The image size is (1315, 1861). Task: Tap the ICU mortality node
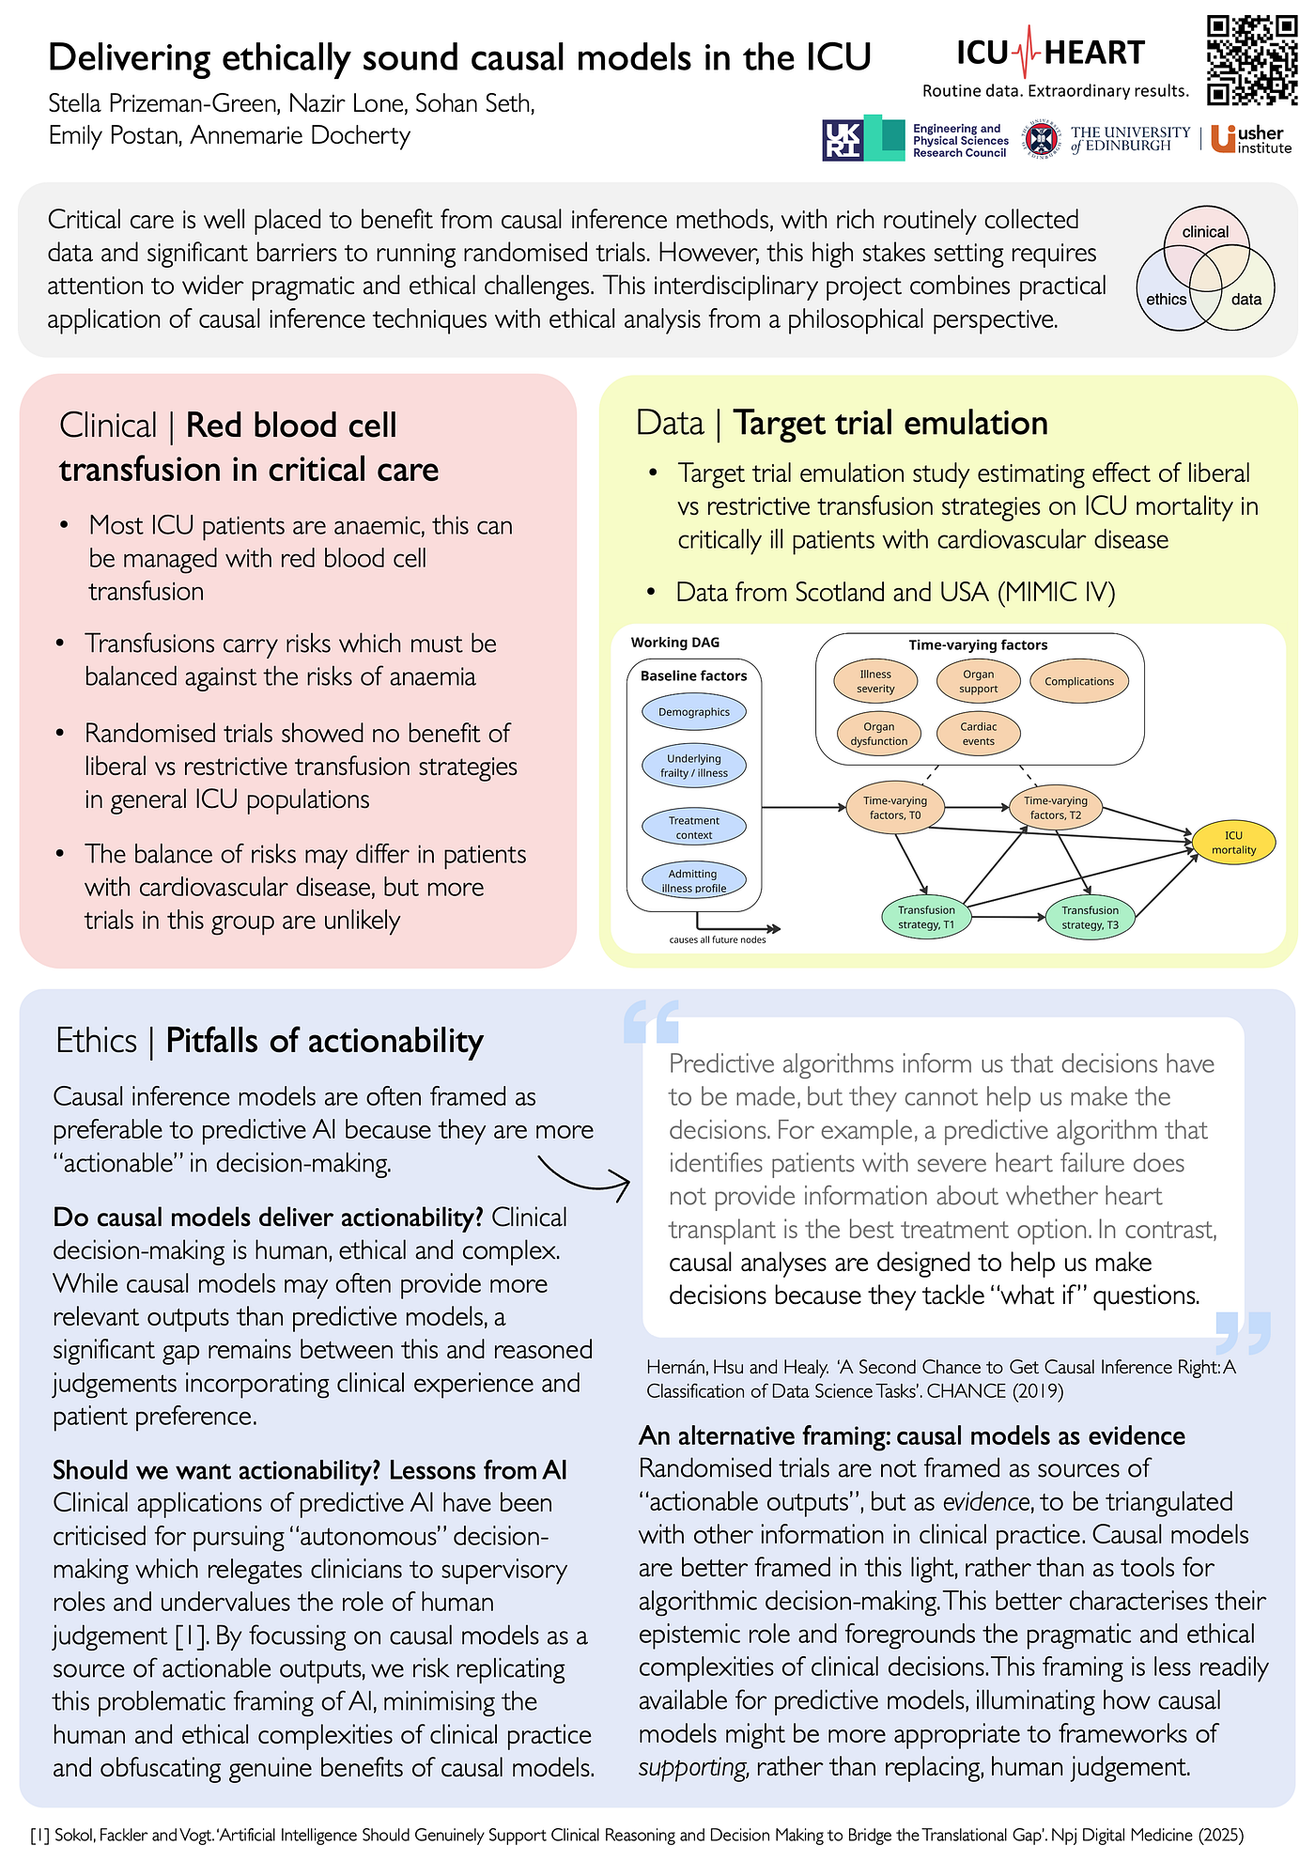point(1233,842)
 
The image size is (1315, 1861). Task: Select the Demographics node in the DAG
point(693,712)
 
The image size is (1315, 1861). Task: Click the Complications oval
point(1079,682)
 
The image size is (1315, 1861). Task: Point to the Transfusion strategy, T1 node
point(925,917)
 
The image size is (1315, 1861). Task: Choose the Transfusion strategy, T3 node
point(1090,917)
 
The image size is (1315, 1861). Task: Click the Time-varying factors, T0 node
point(895,808)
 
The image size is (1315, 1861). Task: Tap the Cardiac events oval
point(978,734)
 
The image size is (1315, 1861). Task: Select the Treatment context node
point(693,827)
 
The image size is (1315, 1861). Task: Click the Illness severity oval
point(875,681)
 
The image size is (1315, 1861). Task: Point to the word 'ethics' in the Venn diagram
point(1167,299)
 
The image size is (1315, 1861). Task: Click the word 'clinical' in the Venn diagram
point(1205,232)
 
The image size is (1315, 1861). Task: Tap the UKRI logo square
point(842,140)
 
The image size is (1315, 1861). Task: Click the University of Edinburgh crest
point(1040,140)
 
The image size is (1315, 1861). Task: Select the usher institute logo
point(1250,139)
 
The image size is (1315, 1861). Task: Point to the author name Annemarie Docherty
point(301,136)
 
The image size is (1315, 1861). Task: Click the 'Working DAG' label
point(675,643)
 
